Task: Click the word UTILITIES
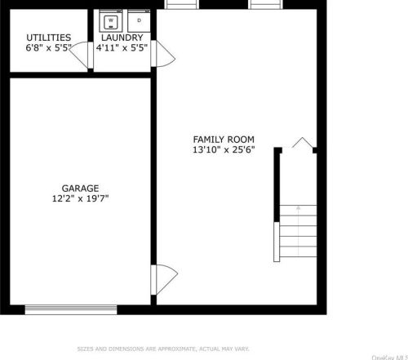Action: [48, 38]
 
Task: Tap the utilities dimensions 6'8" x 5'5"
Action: [48, 48]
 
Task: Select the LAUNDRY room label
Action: [122, 38]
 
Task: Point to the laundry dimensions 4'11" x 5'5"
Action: [122, 48]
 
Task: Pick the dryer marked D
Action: [139, 20]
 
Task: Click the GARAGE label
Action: [79, 186]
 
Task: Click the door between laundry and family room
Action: [166, 57]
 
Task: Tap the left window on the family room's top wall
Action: [182, 4]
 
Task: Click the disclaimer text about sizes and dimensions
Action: [162, 349]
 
